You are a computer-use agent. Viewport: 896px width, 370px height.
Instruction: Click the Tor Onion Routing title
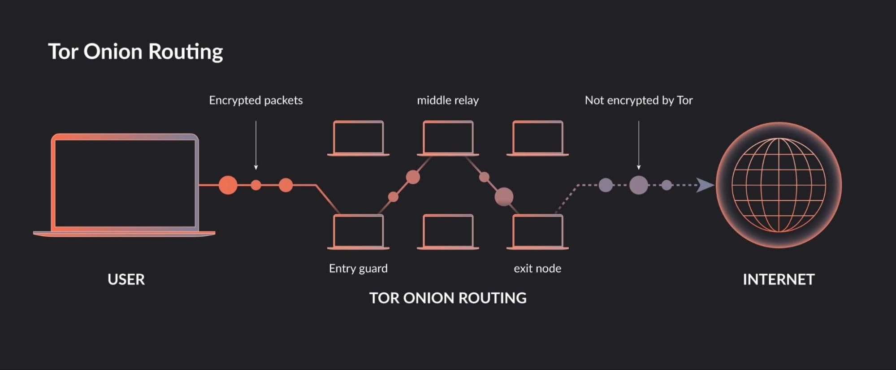click(135, 52)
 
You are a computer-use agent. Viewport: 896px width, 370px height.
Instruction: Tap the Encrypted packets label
click(255, 100)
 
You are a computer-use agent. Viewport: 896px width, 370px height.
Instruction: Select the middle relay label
click(447, 100)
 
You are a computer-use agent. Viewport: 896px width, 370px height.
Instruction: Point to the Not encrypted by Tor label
click(638, 100)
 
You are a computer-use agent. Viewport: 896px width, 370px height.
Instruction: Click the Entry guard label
click(358, 268)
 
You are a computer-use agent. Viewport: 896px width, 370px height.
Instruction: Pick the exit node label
click(537, 268)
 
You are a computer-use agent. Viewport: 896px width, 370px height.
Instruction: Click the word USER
click(126, 279)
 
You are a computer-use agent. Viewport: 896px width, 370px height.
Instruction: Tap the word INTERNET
click(778, 279)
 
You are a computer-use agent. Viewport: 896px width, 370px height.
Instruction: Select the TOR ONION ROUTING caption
click(447, 298)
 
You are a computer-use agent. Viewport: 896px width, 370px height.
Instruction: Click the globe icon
click(779, 185)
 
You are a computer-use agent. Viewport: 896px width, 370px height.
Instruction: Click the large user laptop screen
click(125, 183)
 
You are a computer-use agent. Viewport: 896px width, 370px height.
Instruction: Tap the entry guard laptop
click(358, 231)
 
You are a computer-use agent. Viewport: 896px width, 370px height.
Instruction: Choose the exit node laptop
click(537, 231)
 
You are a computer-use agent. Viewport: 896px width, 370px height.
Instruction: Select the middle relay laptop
click(448, 137)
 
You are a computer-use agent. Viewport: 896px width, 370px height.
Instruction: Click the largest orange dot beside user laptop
click(228, 185)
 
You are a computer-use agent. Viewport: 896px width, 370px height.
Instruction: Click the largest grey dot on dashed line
click(638, 185)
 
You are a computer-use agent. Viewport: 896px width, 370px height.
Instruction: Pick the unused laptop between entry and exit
click(448, 231)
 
